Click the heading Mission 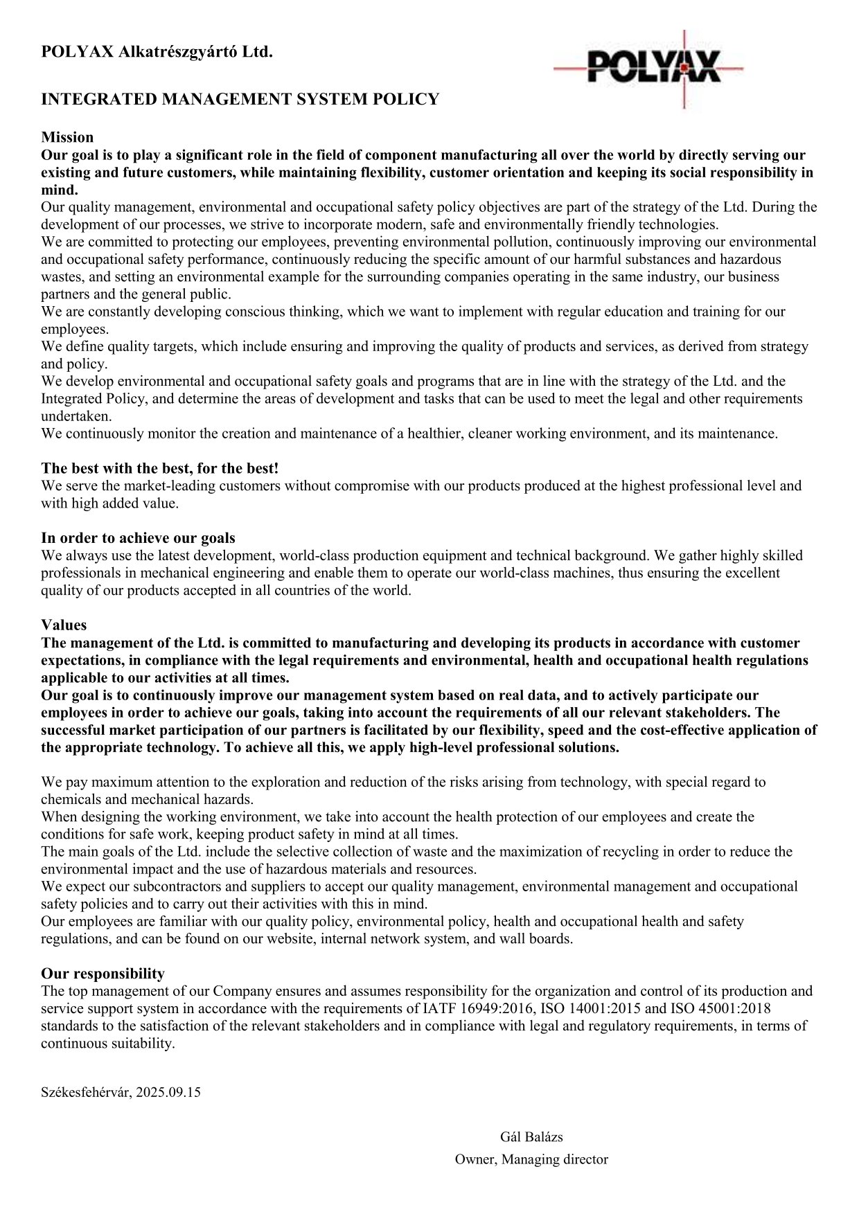(67, 137)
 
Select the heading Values (64, 625)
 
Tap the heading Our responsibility (103, 974)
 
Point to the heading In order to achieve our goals (138, 538)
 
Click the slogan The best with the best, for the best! (159, 468)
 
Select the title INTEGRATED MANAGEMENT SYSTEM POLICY (240, 99)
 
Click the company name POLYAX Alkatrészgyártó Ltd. (157, 51)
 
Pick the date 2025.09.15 (168, 1092)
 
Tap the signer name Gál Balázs (531, 1136)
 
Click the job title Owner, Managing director (531, 1159)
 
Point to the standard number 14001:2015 (605, 1008)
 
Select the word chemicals (70, 800)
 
